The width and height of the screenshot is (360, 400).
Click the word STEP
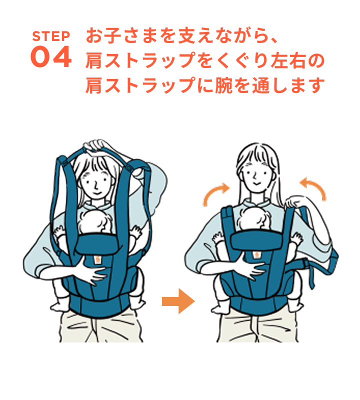pyautogui.click(x=51, y=36)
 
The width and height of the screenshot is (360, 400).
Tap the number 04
pyautogui.click(x=51, y=58)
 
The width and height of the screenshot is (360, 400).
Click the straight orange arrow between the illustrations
pyautogui.click(x=177, y=302)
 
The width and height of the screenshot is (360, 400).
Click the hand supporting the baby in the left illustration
pyautogui.click(x=92, y=272)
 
